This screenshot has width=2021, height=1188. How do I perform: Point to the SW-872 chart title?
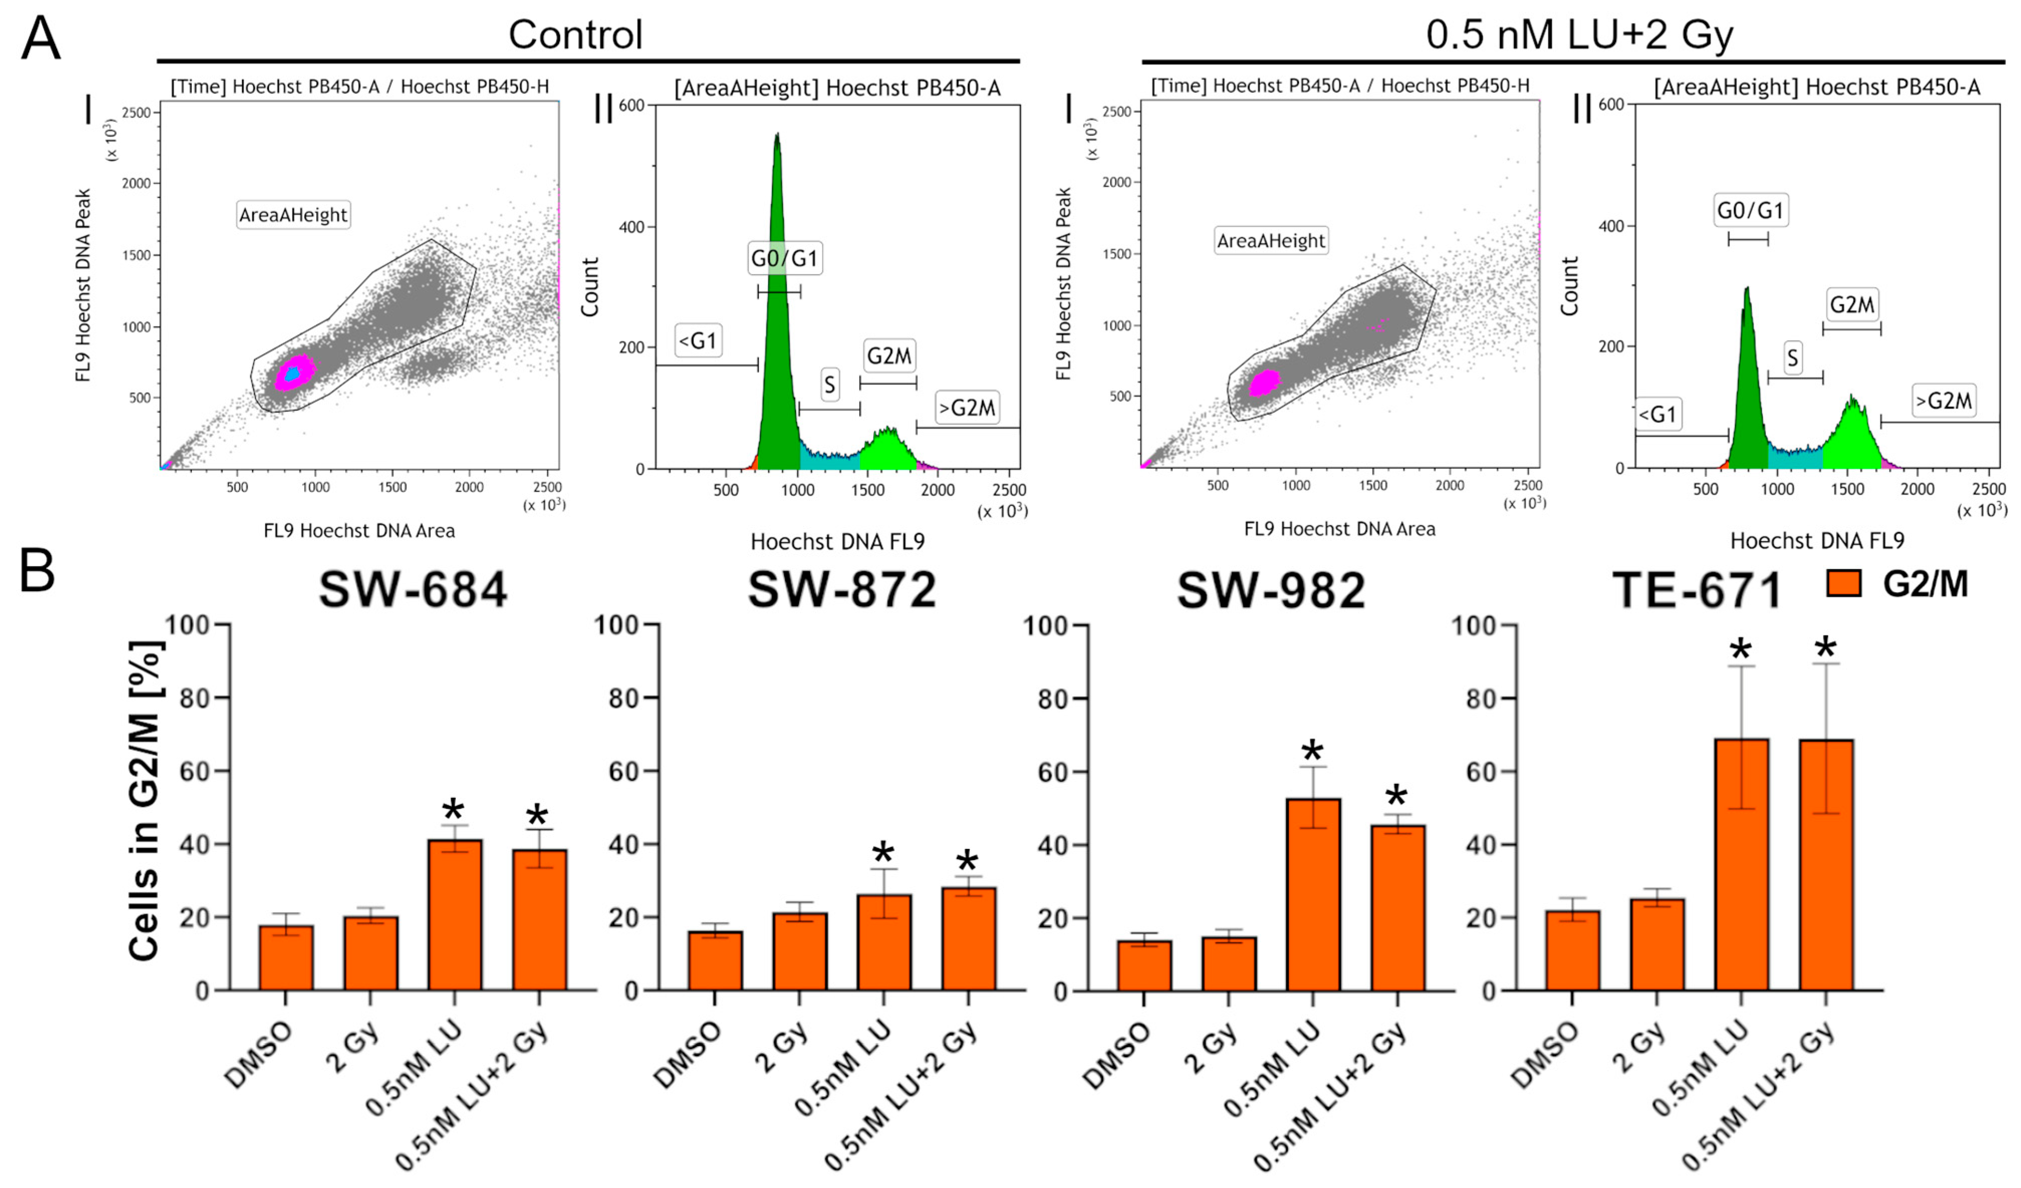click(x=842, y=590)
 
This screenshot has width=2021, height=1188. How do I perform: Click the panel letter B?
click(x=37, y=571)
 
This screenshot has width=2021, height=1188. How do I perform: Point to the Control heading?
click(x=575, y=35)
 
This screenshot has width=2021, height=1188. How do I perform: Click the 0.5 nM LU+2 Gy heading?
click(x=1579, y=35)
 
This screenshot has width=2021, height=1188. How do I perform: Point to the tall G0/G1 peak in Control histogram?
click(x=777, y=320)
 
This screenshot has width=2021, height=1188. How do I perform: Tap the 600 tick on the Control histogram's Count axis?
click(x=631, y=105)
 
